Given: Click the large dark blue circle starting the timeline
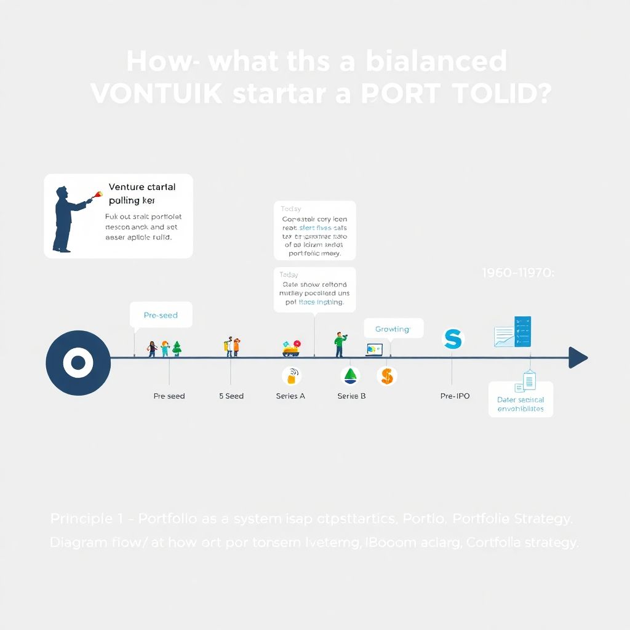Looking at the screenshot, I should tap(78, 362).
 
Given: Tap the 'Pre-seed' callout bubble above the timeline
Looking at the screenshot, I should tap(161, 315).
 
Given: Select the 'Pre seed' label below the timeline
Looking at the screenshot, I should tap(169, 396).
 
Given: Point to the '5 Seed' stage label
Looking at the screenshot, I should tap(231, 396).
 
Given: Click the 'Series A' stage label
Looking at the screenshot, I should tap(290, 396).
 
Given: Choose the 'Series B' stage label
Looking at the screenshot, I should tap(352, 396).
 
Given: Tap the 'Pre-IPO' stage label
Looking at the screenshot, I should tap(455, 396).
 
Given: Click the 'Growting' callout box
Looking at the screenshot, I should tap(393, 329).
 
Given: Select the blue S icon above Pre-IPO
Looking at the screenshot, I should tap(453, 339).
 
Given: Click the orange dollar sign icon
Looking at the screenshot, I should tap(387, 375).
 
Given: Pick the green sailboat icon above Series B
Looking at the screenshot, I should tap(351, 375).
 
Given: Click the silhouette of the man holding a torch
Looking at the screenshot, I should tap(66, 218).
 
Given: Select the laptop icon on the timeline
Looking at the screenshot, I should tap(373, 349).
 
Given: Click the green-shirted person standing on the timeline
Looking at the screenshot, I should tap(339, 345).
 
